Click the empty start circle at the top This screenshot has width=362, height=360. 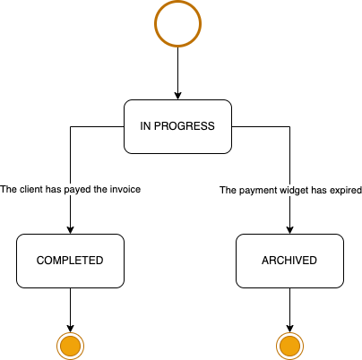177,3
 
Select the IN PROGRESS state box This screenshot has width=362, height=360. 177,126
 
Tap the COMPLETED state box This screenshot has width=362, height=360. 70,261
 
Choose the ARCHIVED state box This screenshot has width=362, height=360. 289,261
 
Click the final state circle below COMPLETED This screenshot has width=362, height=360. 70,346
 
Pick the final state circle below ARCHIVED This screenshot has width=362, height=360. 289,346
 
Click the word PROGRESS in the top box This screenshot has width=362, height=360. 185,126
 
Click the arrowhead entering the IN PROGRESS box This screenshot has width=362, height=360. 177,96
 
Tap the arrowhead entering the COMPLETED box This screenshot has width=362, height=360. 70,230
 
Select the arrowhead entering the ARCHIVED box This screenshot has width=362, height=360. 289,230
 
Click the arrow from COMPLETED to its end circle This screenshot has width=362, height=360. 70,310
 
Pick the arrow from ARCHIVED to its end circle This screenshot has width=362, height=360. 289,310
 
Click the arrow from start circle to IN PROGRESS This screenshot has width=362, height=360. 177,73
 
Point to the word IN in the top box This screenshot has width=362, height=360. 145,126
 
